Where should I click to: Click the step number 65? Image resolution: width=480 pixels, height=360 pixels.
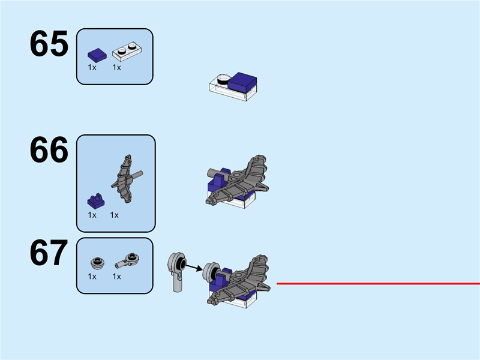49,43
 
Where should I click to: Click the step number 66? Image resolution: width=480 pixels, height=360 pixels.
49,149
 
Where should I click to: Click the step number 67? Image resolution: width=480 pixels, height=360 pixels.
49,253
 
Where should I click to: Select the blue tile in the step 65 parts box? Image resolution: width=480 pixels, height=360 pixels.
97,55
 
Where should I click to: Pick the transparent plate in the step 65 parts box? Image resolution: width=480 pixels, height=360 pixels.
127,52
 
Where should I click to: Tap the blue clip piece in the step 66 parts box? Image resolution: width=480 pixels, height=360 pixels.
96,201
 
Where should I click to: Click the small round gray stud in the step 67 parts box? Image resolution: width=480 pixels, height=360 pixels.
98,263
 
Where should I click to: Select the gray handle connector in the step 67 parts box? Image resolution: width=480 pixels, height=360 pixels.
127,260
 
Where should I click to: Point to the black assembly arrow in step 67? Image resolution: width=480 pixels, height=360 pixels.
194,268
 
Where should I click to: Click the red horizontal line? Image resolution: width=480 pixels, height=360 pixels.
378,284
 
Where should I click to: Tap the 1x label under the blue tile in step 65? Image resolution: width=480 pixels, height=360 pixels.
92,67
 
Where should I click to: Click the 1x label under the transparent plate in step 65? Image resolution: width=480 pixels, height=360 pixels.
116,67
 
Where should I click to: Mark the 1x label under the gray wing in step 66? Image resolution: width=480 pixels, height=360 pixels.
114,215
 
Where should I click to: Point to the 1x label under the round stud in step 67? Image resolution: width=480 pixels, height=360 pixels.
92,277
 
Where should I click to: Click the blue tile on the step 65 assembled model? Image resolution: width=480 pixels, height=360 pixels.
242,82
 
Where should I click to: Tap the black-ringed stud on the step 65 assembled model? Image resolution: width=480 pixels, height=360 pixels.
223,79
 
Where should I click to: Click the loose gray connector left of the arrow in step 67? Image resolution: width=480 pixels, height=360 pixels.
177,272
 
